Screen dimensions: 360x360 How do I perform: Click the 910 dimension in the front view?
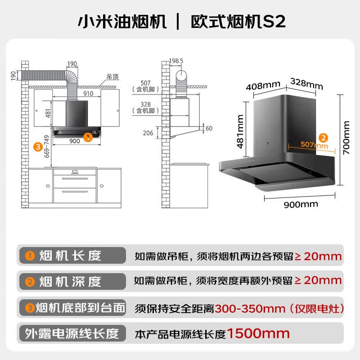click(x=88, y=94)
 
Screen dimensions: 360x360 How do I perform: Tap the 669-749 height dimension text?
click(x=47, y=147)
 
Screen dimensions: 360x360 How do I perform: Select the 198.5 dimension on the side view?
click(x=176, y=61)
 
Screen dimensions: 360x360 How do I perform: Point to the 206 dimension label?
click(x=148, y=133)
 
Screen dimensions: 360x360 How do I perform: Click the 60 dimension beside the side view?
click(x=209, y=128)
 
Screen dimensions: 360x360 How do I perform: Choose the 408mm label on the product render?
click(x=263, y=85)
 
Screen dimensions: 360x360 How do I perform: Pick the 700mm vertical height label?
click(x=346, y=138)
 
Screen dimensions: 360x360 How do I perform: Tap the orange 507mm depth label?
click(x=314, y=144)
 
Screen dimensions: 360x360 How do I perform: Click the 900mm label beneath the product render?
click(x=301, y=204)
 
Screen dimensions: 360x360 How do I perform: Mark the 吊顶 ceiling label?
click(x=113, y=76)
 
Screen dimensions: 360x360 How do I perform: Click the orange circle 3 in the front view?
click(x=38, y=147)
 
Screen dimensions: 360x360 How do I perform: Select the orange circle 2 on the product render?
click(x=323, y=138)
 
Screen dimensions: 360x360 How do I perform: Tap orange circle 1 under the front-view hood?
click(x=88, y=137)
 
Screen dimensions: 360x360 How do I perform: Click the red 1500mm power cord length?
click(x=258, y=333)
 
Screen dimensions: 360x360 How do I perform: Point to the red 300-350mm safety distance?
click(x=250, y=309)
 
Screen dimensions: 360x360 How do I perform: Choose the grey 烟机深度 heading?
click(x=70, y=282)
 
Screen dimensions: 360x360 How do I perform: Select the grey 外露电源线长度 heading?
click(x=72, y=333)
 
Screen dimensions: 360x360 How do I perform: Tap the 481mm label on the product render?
click(x=240, y=131)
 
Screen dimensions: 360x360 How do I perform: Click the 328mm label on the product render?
click(x=306, y=84)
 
